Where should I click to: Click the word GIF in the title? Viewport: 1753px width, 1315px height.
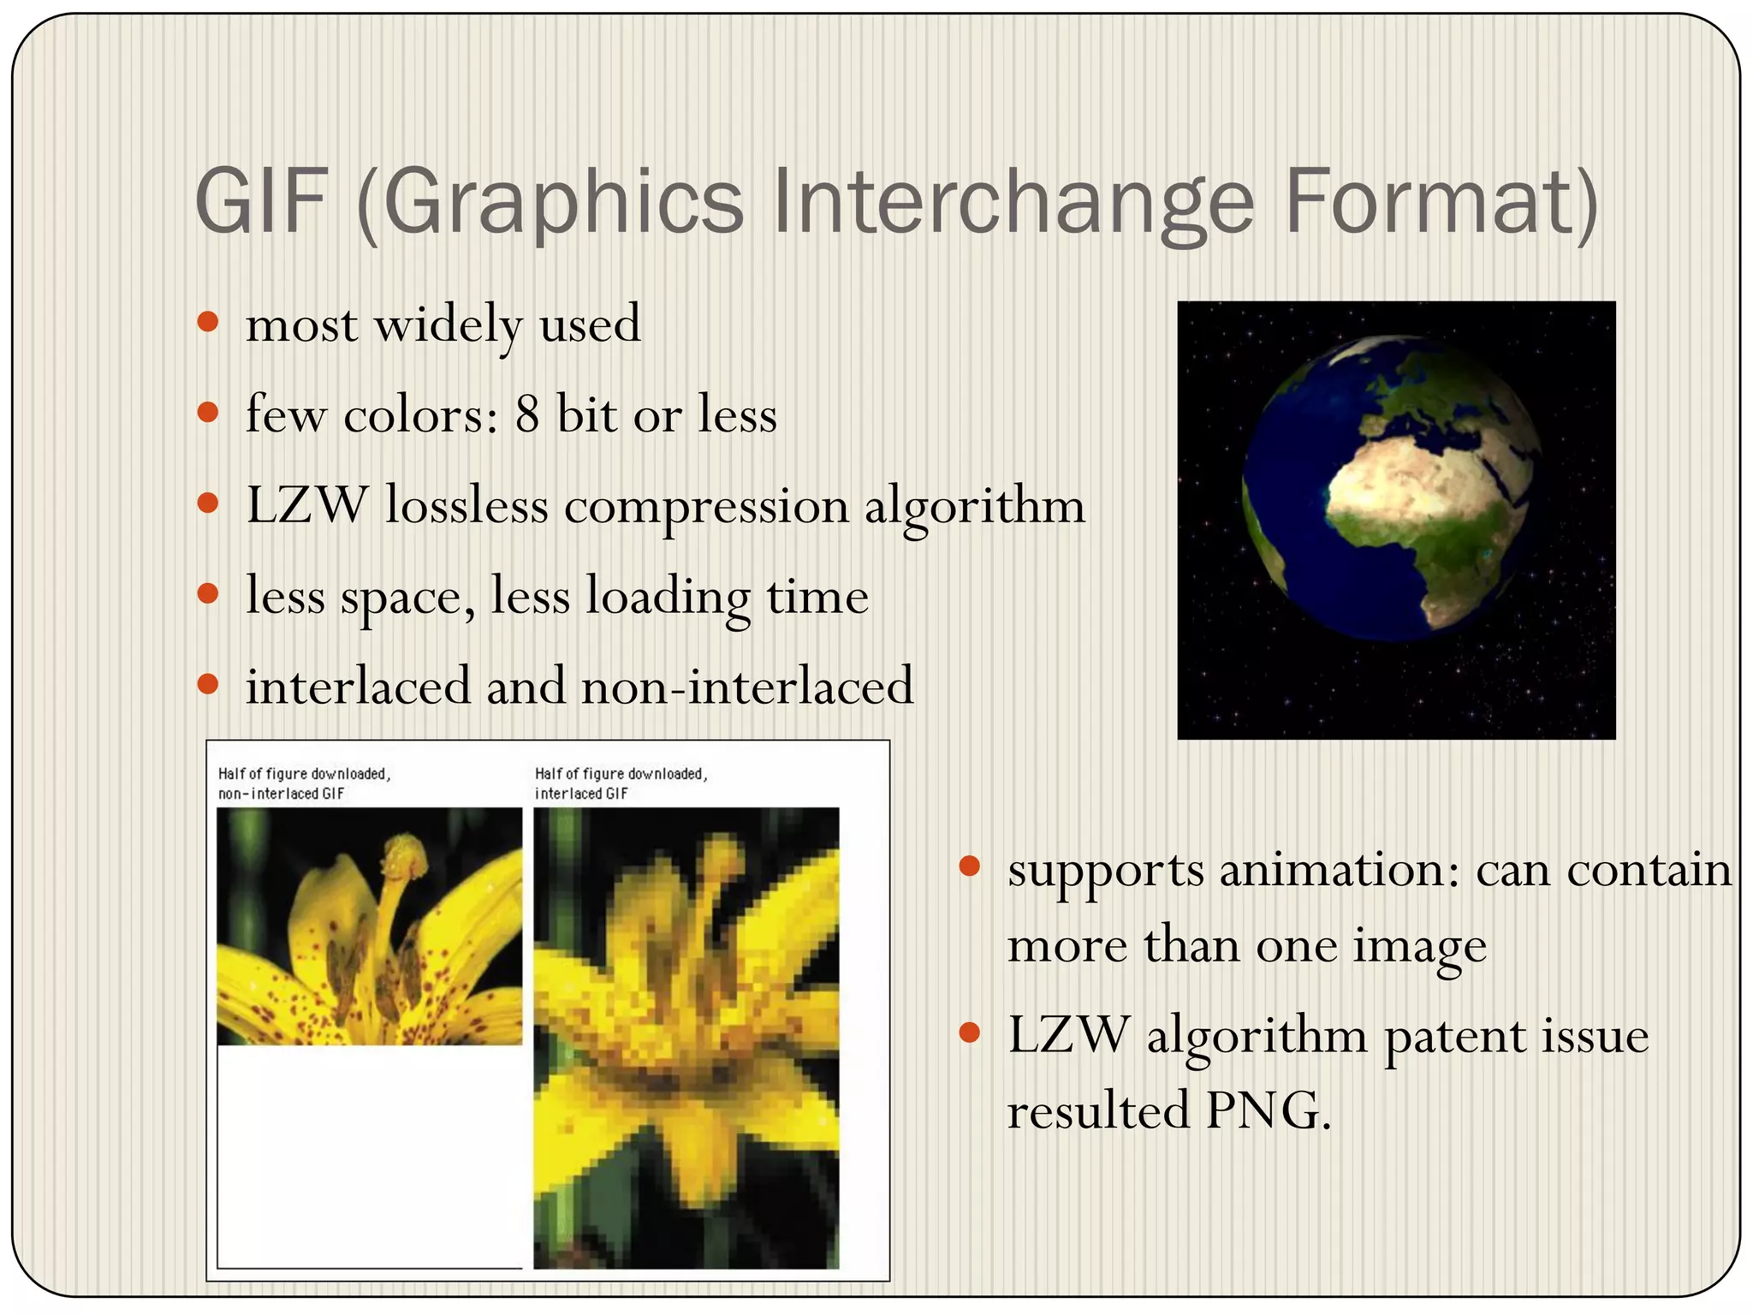click(x=262, y=202)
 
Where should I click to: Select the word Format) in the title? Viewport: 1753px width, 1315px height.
click(x=1441, y=202)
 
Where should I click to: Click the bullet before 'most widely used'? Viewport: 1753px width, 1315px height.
click(x=208, y=323)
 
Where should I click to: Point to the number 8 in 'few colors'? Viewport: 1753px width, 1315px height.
click(x=526, y=414)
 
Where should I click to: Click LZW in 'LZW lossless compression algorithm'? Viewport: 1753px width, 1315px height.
click(x=307, y=505)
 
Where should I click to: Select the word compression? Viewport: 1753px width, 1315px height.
click(x=706, y=507)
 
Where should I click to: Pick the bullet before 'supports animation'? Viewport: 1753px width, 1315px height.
click(x=969, y=866)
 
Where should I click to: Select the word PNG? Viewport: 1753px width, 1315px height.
click(x=1268, y=1111)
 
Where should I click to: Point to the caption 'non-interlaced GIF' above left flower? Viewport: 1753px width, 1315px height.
click(x=281, y=794)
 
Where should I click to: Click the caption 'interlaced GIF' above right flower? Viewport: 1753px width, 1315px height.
click(x=581, y=794)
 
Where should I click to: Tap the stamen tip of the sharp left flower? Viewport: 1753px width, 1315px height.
click(x=405, y=854)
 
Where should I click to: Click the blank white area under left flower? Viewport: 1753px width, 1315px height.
click(x=368, y=1156)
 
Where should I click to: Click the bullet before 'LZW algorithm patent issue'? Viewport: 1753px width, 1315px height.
click(x=969, y=1032)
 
